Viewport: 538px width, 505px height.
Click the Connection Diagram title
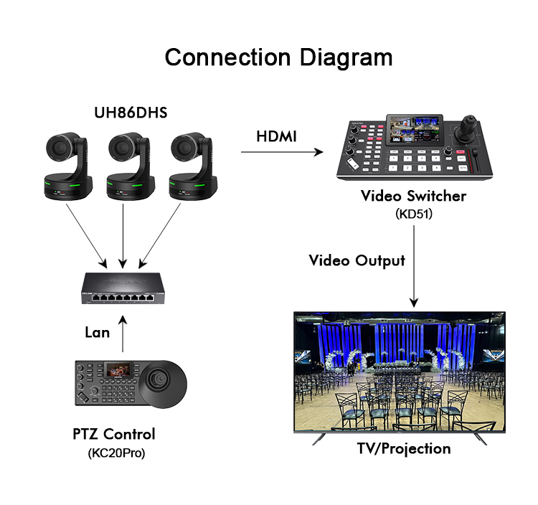[x=278, y=57]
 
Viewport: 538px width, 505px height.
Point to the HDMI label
[x=276, y=136]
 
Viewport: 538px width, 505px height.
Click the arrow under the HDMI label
[x=280, y=152]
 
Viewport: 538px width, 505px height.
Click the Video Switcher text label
[x=413, y=196]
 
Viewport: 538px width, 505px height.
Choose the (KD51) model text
[x=413, y=214]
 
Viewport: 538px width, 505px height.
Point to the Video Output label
[x=357, y=260]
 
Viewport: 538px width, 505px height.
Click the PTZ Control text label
[x=114, y=434]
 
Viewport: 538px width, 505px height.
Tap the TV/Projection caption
[x=404, y=449]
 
